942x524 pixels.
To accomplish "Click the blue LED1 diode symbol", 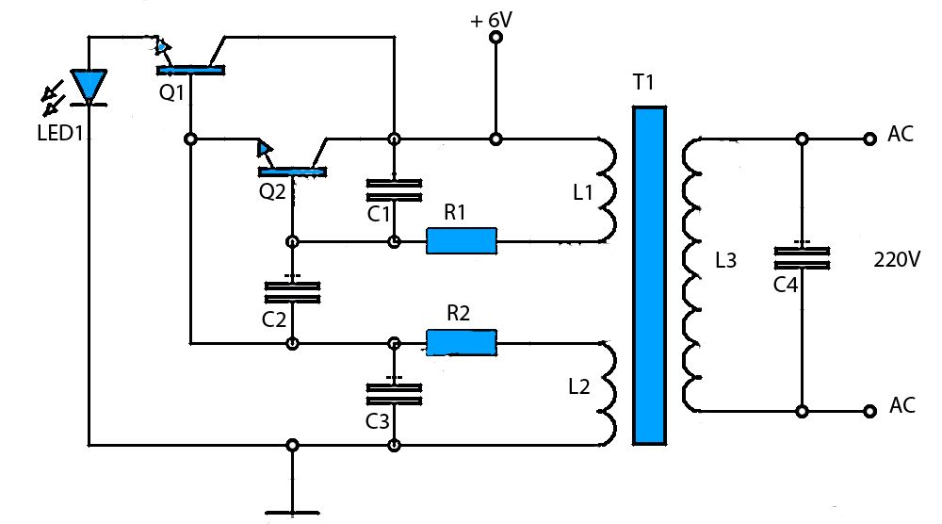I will (x=90, y=87).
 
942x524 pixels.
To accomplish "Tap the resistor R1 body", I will (x=461, y=241).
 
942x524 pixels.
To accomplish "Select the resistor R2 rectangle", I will (x=462, y=342).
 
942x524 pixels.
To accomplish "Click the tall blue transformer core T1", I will (x=649, y=274).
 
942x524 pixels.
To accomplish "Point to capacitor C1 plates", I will (x=394, y=188).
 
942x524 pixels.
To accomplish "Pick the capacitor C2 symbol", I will (x=292, y=291).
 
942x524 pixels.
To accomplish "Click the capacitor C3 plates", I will (x=394, y=393).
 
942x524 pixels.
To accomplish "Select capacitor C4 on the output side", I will (x=801, y=258).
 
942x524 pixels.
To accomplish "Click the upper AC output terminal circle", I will (x=869, y=139).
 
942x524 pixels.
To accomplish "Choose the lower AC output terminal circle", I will (x=869, y=411).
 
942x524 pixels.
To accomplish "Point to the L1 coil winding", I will (x=607, y=190).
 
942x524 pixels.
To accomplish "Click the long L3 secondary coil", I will (x=693, y=274).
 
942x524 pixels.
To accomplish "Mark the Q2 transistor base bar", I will (x=292, y=171).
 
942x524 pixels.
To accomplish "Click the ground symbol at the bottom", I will (x=293, y=512).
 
